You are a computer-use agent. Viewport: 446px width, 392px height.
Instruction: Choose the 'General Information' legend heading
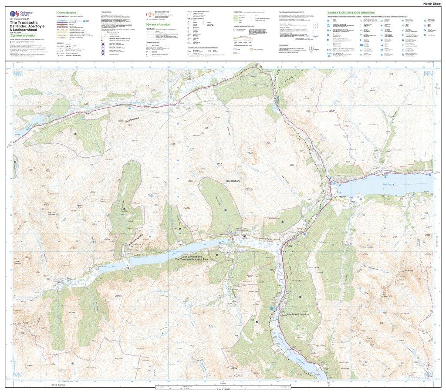[158, 25]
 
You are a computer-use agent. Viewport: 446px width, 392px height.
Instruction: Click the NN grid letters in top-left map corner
[17, 75]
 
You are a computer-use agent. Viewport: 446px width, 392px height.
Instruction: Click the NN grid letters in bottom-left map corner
[17, 375]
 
